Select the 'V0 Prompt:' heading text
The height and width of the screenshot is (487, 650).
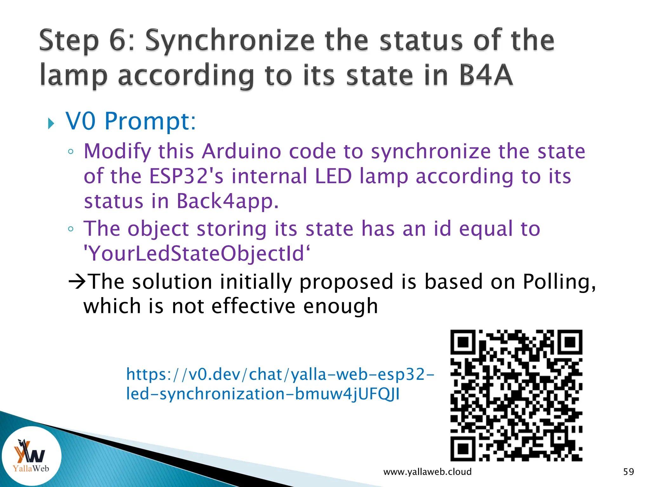point(131,121)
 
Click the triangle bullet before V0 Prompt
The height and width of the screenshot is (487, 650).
point(51,124)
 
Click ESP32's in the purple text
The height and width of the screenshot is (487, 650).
point(186,176)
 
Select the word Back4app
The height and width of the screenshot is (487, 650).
point(227,201)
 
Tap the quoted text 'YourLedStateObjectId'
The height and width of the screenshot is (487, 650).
point(197,254)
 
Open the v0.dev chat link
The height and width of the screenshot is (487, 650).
point(279,384)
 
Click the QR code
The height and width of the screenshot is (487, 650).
point(516,395)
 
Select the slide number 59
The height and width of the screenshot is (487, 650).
point(628,472)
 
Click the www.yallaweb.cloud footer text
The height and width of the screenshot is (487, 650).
point(427,472)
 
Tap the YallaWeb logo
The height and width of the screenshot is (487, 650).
point(31,456)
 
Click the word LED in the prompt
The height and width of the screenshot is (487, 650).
point(333,176)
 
